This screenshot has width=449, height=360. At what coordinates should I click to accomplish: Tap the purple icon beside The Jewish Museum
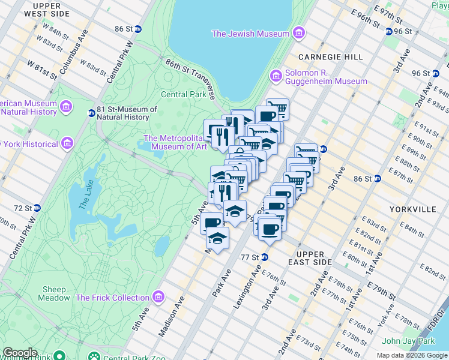pos(298,34)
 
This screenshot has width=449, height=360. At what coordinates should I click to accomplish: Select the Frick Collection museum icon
pos(158,297)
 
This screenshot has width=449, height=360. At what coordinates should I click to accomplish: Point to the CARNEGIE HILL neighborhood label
pos(331,57)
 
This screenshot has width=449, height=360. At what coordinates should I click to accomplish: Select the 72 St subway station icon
pos(37,208)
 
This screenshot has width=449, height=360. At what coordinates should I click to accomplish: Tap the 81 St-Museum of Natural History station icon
pos(92,113)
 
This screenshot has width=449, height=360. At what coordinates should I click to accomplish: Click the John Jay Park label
pos(408,341)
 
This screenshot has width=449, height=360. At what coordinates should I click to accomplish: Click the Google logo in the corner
pos(20,352)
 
